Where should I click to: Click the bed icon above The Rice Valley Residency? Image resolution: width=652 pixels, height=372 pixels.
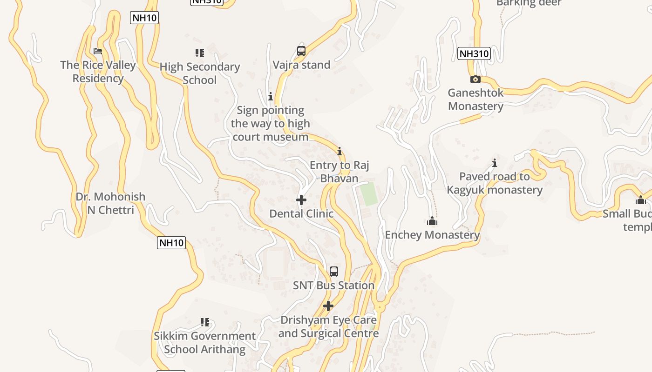97,51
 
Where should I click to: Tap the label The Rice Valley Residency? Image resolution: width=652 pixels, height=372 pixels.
98,72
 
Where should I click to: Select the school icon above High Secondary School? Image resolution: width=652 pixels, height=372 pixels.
200,53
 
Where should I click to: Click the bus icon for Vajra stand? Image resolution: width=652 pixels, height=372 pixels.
301,51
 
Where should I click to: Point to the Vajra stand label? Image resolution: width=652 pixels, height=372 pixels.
301,65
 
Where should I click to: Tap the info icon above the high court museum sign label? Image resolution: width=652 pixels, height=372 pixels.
271,96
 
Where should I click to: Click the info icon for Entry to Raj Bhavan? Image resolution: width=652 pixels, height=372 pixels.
340,151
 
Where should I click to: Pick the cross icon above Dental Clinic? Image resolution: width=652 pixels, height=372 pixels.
301,200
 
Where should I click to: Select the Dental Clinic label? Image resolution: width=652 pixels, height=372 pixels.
301,213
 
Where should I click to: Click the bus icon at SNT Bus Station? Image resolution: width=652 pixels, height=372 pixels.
334,272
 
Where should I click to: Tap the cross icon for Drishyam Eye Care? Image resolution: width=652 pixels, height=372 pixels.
328,306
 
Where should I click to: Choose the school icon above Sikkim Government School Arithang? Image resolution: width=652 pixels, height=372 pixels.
204,322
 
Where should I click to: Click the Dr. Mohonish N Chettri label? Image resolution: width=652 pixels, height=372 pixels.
110,203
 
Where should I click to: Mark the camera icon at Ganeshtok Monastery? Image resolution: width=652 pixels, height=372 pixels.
475,79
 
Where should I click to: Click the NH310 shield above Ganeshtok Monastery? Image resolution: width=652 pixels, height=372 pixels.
474,53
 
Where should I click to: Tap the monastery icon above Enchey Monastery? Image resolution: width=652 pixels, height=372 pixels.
432,221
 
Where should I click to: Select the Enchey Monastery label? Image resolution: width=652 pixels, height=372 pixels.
432,235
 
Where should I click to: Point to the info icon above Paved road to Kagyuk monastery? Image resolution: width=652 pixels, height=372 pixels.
495,163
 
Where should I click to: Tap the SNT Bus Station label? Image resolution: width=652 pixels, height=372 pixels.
333,285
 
